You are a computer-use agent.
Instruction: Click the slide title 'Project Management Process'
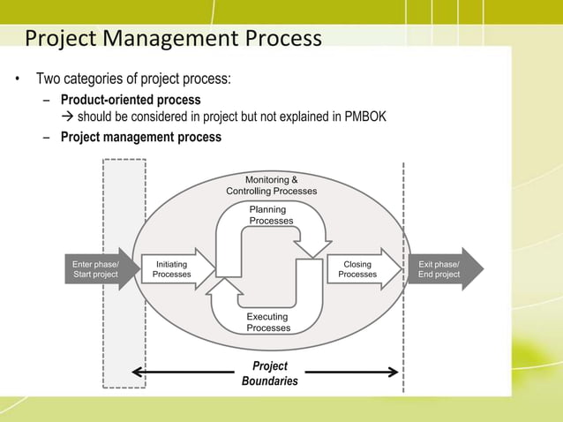tap(173, 40)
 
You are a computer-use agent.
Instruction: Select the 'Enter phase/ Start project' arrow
tap(97, 269)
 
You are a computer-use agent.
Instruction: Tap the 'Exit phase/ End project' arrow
tap(441, 269)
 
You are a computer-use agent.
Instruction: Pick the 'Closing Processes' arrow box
tap(357, 269)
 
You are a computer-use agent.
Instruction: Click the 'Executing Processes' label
tap(268, 322)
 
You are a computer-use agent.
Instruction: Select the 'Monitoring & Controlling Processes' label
tap(272, 185)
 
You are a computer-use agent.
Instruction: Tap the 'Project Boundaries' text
tap(270, 373)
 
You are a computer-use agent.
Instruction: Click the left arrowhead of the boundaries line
tap(138, 373)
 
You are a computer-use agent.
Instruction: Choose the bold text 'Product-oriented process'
tap(131, 100)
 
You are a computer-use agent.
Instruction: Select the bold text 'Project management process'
tap(141, 137)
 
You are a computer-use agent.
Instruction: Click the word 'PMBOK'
tap(364, 117)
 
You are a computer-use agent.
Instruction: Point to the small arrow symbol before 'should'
tap(67, 118)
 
